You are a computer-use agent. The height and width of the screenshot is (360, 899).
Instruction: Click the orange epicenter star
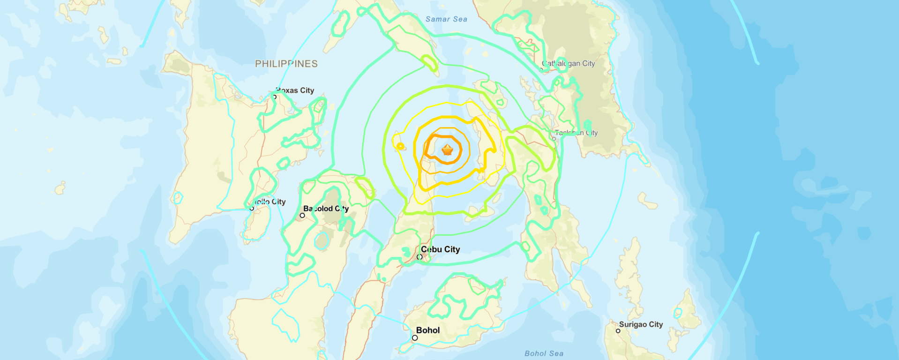coord(448,150)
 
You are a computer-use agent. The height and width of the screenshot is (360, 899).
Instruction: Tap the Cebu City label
coord(440,249)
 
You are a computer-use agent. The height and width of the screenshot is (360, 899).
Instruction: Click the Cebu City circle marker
coord(420,257)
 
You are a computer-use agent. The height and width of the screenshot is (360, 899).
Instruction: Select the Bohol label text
coord(428,330)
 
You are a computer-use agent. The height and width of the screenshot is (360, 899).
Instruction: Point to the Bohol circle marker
coord(415,337)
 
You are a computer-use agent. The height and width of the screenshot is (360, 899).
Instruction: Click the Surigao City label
coord(641,324)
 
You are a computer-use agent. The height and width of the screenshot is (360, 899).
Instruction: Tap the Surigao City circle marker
coord(618,331)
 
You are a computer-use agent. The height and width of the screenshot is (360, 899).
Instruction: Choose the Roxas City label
coord(295,90)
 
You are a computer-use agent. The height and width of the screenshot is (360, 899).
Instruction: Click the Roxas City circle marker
coord(274,97)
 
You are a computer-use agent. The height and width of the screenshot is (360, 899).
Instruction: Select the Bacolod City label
coord(326,209)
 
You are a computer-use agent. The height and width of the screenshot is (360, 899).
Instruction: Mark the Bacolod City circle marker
coord(302,216)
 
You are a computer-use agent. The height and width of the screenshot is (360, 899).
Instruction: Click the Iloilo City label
coord(270,202)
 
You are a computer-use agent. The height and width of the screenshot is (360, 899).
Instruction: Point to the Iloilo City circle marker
coord(252,208)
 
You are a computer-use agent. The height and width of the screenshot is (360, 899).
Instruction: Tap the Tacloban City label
coord(576,133)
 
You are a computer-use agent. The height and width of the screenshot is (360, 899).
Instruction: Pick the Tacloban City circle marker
coord(554,139)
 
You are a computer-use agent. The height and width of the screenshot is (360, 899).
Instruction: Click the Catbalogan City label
coord(568,63)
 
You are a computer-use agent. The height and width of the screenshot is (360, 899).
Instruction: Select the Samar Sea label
coord(446,19)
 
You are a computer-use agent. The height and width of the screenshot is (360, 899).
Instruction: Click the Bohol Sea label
coord(544,353)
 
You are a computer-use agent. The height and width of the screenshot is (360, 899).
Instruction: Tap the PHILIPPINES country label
coord(286,64)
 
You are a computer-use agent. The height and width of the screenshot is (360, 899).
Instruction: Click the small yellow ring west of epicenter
coord(400,147)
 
